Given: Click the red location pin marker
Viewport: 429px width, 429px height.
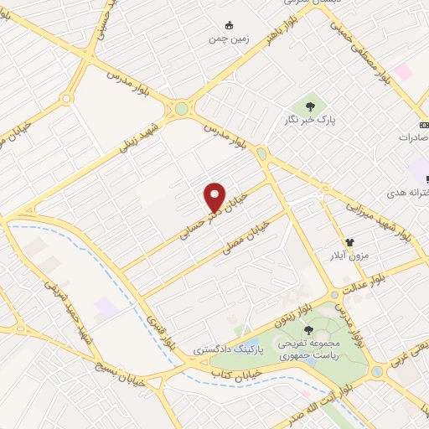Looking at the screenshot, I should (214, 198).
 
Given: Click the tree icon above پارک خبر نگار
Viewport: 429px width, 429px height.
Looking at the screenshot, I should (311, 106).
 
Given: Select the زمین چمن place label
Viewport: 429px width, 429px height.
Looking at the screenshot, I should (226, 39).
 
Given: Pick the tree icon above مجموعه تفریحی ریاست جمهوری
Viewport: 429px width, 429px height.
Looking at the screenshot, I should (309, 329).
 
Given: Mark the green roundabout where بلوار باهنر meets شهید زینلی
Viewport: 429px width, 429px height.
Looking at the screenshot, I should (181, 108).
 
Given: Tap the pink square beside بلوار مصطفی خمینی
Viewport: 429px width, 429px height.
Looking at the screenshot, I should (404, 73).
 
